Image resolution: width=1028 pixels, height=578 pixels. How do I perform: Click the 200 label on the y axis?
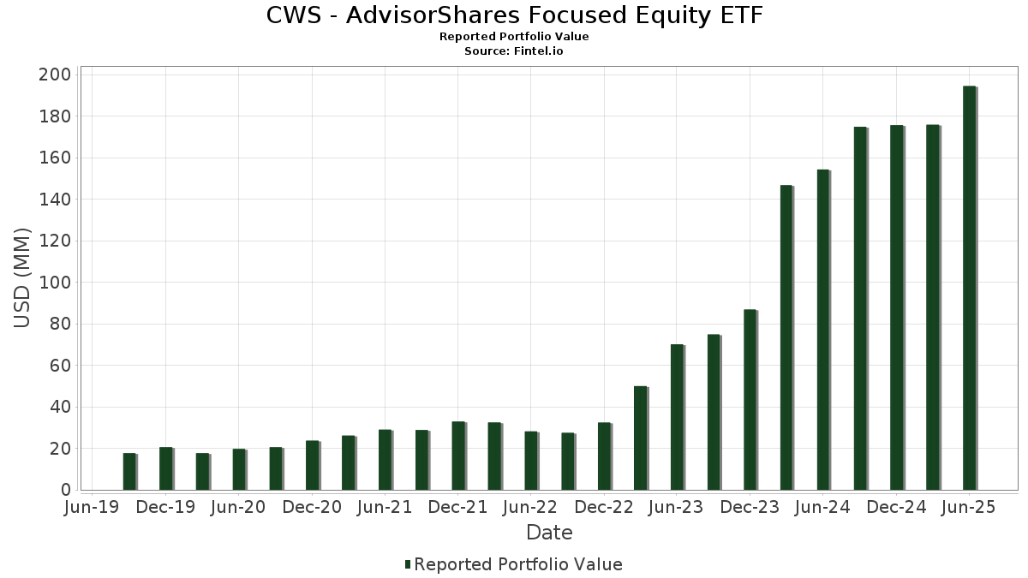(54, 74)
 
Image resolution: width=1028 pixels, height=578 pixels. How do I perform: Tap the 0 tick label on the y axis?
(65, 490)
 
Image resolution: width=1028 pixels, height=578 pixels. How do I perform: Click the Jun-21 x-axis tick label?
(385, 507)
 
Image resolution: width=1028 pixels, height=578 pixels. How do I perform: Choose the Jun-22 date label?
(531, 507)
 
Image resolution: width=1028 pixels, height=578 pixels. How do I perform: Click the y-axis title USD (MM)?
(22, 278)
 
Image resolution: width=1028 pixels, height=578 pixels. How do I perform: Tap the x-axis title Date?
(549, 533)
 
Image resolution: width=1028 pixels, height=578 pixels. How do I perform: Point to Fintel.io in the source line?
(538, 51)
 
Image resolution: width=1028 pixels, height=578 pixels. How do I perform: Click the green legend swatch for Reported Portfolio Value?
(408, 564)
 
